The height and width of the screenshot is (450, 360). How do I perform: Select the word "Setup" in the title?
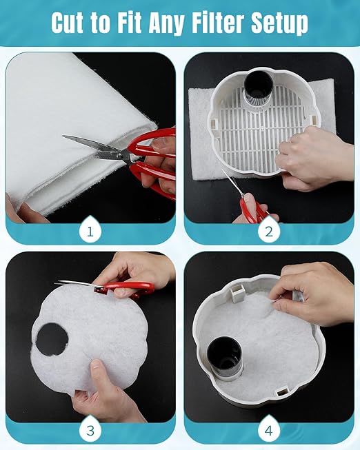pos(279,24)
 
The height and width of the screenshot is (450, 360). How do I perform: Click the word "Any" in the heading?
pos(166,24)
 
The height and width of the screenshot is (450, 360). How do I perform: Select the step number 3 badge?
pos(90,430)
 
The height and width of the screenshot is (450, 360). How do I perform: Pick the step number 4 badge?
pos(269,430)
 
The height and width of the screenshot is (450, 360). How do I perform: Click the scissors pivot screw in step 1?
pos(119,155)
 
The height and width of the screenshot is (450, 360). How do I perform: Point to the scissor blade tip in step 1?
pos(63,136)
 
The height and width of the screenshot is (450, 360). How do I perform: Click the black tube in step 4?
pos(225,357)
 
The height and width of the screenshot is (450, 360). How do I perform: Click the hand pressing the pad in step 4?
pos(313,293)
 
